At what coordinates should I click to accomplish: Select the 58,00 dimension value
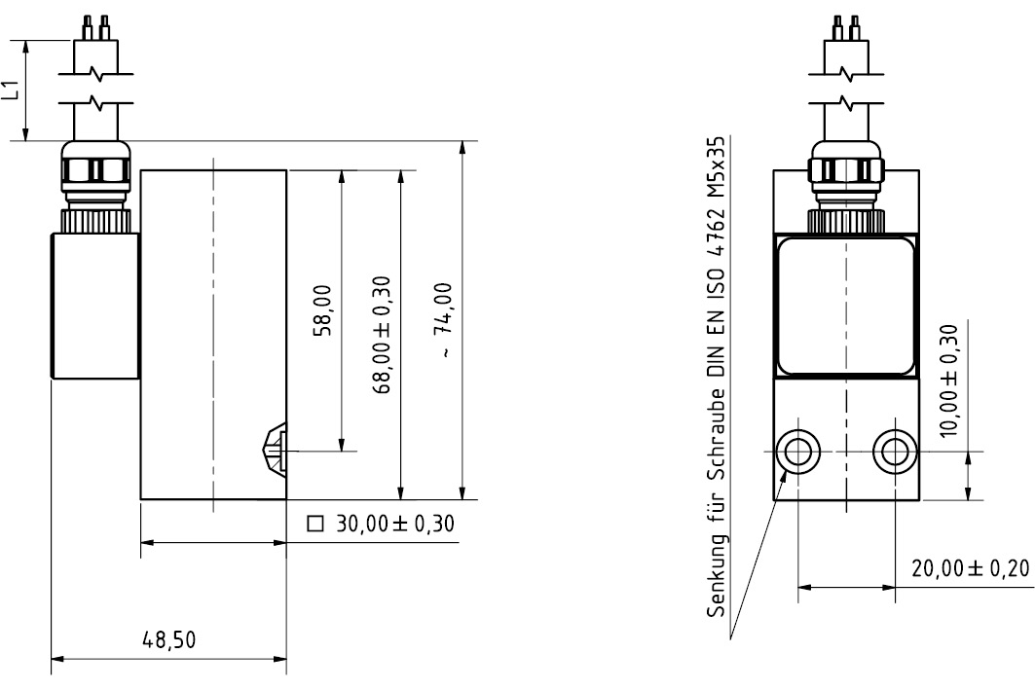pos(322,310)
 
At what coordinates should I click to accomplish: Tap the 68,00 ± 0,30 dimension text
pos(382,335)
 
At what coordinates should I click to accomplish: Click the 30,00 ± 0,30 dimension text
pos(394,524)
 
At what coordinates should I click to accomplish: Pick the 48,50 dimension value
pos(169,639)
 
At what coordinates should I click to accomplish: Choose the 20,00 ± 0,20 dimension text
pos(971,568)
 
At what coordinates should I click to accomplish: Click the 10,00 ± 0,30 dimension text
pos(948,381)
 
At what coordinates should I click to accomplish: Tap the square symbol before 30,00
pos(316,524)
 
